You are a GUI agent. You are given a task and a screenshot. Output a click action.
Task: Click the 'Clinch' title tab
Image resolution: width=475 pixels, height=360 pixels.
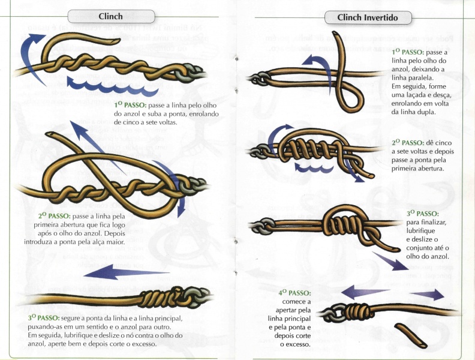[x=110, y=16]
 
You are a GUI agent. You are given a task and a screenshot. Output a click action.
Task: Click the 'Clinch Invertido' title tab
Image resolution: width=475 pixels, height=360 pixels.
[x=368, y=17]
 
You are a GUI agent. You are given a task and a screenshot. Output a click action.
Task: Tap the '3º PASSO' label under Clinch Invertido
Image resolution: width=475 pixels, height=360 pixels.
[x=422, y=213]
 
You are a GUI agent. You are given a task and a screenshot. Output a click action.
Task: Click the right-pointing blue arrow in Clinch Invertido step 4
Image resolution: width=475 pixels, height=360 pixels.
[x=428, y=295]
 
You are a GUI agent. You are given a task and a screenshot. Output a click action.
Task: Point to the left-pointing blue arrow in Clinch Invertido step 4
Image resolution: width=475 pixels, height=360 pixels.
[x=365, y=292]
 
